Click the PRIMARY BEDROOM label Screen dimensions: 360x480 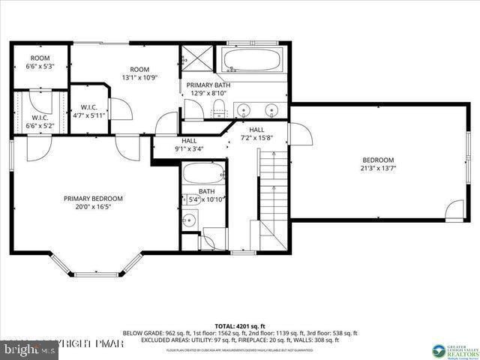coord(93,198)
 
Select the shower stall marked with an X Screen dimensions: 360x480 coord(196,58)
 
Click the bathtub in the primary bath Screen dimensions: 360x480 coord(250,60)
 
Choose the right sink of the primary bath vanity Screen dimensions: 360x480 coord(273,110)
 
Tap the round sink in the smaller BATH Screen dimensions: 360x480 coord(190,220)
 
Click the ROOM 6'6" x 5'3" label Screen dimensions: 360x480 coord(40,61)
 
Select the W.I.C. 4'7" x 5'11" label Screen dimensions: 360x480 coord(88,111)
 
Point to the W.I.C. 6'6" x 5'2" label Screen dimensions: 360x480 coord(40,121)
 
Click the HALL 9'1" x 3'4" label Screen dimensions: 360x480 coord(188,144)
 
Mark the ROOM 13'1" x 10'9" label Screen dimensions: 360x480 coord(139,73)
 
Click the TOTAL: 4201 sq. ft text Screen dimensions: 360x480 coord(241,325)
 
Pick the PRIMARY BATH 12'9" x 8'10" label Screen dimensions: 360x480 coord(208,89)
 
